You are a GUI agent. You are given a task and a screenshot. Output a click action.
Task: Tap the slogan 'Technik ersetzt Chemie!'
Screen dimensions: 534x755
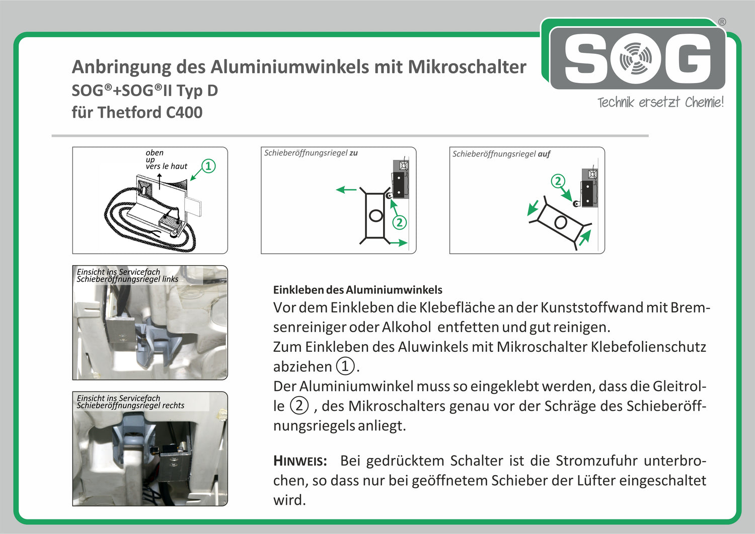(x=660, y=103)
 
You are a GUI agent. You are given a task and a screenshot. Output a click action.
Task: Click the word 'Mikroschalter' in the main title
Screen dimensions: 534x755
(x=467, y=67)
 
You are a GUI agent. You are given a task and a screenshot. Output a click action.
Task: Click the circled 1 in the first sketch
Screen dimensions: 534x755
(x=208, y=166)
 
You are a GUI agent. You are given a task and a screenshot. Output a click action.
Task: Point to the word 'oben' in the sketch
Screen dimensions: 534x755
(x=155, y=152)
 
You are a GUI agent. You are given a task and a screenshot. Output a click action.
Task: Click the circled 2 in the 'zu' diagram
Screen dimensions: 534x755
(x=399, y=222)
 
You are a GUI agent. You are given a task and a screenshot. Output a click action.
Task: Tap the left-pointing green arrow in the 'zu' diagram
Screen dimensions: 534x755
(x=346, y=190)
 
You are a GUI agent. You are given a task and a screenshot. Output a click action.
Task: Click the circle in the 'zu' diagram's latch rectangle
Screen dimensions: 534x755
(x=375, y=216)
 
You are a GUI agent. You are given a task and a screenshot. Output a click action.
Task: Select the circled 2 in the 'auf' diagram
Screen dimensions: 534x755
(x=558, y=181)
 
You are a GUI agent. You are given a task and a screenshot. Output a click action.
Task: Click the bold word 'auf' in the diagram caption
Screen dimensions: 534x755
(x=544, y=154)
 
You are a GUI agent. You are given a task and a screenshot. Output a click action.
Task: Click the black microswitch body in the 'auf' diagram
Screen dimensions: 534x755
(x=587, y=193)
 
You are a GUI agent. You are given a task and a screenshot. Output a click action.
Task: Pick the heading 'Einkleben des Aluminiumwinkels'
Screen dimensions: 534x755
(x=357, y=290)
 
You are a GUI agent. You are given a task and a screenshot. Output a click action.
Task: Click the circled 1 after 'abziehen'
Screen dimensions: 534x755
(x=345, y=366)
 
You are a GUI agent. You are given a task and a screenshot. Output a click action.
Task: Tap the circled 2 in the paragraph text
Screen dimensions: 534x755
(x=299, y=405)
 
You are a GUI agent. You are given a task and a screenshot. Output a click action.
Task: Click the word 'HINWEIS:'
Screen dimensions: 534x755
(x=300, y=461)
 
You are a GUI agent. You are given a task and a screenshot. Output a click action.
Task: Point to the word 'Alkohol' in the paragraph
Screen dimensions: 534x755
(x=406, y=327)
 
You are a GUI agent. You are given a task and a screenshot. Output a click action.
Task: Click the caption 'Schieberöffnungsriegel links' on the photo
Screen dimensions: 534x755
(x=127, y=279)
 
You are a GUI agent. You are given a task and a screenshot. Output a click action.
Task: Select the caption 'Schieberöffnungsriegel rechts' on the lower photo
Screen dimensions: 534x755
(x=130, y=406)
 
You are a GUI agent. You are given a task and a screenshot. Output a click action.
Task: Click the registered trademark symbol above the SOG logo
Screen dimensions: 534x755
(x=722, y=22)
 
